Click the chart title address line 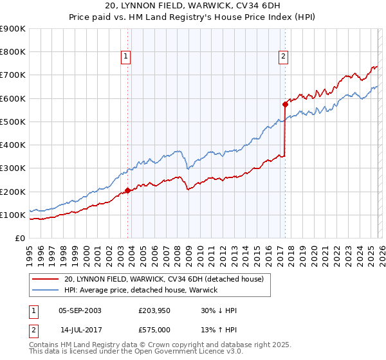pyautogui.click(x=193, y=6)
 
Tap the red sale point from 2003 pyautogui.click(x=127, y=190)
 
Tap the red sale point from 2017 pyautogui.click(x=284, y=104)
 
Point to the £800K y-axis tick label pyautogui.click(x=13, y=52)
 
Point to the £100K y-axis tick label pyautogui.click(x=13, y=215)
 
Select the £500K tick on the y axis pyautogui.click(x=13, y=122)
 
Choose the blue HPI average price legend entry pyautogui.click(x=141, y=290)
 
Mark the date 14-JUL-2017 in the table pyautogui.click(x=80, y=329)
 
